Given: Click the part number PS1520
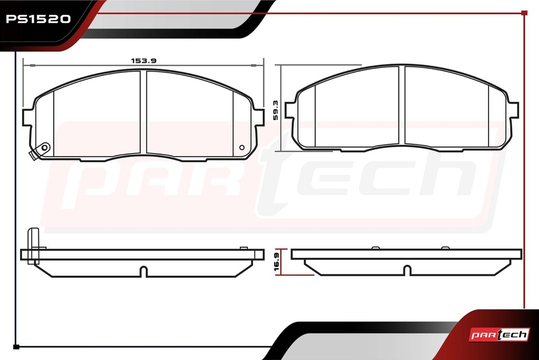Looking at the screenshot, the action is pos(38,19).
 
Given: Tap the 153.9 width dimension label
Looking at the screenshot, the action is pos(144,61).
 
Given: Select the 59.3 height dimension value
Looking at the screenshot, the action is pos(275,111).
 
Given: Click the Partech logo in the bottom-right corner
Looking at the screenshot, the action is pos(499,334).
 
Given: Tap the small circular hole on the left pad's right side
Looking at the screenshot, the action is pos(242,147).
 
